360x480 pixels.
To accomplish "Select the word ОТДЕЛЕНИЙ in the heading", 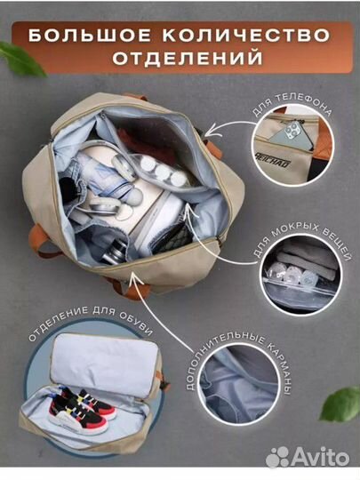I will pyautogui.click(x=180, y=60).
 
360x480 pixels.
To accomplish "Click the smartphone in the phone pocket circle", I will pyautogui.click(x=290, y=134).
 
